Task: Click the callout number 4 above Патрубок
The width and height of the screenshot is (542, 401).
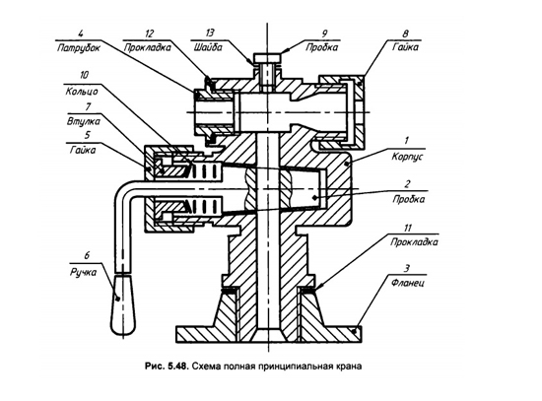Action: click(81, 33)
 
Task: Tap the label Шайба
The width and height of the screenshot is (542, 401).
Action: click(208, 46)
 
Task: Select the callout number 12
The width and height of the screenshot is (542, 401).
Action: click(149, 33)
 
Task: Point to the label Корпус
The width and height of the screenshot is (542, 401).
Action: click(407, 157)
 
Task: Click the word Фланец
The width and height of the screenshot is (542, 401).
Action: click(408, 283)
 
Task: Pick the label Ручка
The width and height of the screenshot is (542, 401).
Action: click(84, 272)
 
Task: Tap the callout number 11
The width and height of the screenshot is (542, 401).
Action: click(408, 229)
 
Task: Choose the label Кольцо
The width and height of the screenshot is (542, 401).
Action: click(82, 91)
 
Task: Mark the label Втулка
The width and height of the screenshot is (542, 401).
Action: click(84, 121)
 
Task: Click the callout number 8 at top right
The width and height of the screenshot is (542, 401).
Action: click(405, 33)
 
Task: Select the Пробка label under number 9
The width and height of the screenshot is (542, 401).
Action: click(321, 47)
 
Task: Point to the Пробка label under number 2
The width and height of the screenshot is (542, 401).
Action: click(409, 199)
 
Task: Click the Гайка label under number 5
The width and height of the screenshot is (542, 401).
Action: click(83, 151)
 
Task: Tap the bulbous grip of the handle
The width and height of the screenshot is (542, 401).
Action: click(123, 303)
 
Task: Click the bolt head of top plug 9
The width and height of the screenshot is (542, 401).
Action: click(267, 58)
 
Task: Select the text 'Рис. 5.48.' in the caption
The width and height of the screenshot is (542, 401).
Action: click(167, 367)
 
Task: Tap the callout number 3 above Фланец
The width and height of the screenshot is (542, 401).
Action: click(407, 268)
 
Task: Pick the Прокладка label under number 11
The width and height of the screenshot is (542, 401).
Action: click(414, 242)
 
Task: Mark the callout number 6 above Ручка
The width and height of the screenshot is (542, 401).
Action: click(87, 255)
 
